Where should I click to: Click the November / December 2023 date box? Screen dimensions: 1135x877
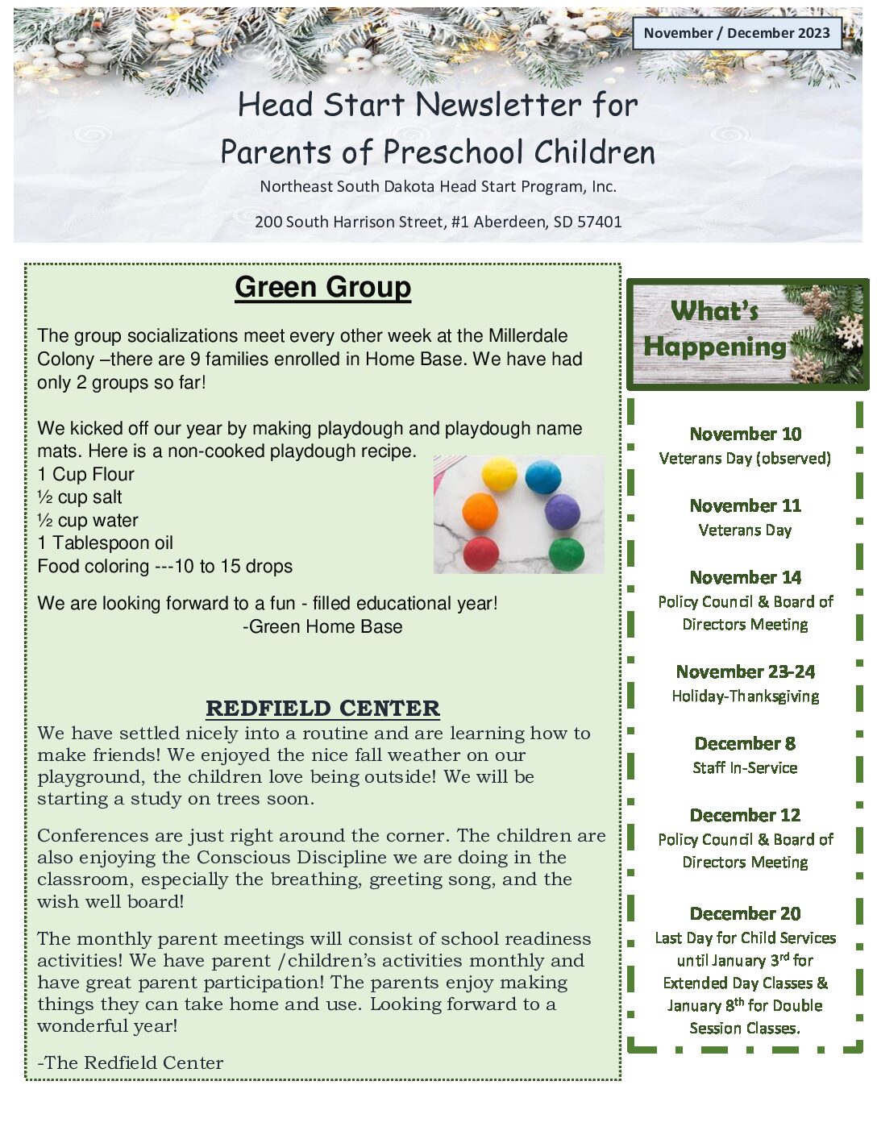point(737,33)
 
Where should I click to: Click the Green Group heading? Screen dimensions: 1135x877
point(322,287)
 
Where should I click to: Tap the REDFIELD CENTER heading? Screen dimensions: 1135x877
point(322,708)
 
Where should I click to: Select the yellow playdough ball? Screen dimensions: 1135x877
point(499,473)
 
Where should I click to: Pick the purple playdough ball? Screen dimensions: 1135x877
point(562,511)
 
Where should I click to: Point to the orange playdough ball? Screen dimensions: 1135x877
point(480,512)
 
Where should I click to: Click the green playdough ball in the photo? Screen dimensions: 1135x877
point(566,554)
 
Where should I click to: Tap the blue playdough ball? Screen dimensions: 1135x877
point(542,476)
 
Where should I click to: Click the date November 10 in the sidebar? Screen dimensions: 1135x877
point(745,434)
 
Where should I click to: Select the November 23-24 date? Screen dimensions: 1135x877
point(745,671)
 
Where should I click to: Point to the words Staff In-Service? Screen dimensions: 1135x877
point(745,767)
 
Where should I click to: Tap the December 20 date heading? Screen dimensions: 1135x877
point(745,913)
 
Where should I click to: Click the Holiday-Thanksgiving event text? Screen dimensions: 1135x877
point(745,696)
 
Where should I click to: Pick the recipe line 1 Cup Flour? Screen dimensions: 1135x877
point(85,474)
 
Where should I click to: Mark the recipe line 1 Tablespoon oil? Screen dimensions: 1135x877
point(105,543)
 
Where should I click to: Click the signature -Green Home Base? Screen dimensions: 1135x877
point(322,626)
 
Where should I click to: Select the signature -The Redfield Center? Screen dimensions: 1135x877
point(131,1062)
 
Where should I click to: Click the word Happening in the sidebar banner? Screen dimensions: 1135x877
point(714,347)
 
